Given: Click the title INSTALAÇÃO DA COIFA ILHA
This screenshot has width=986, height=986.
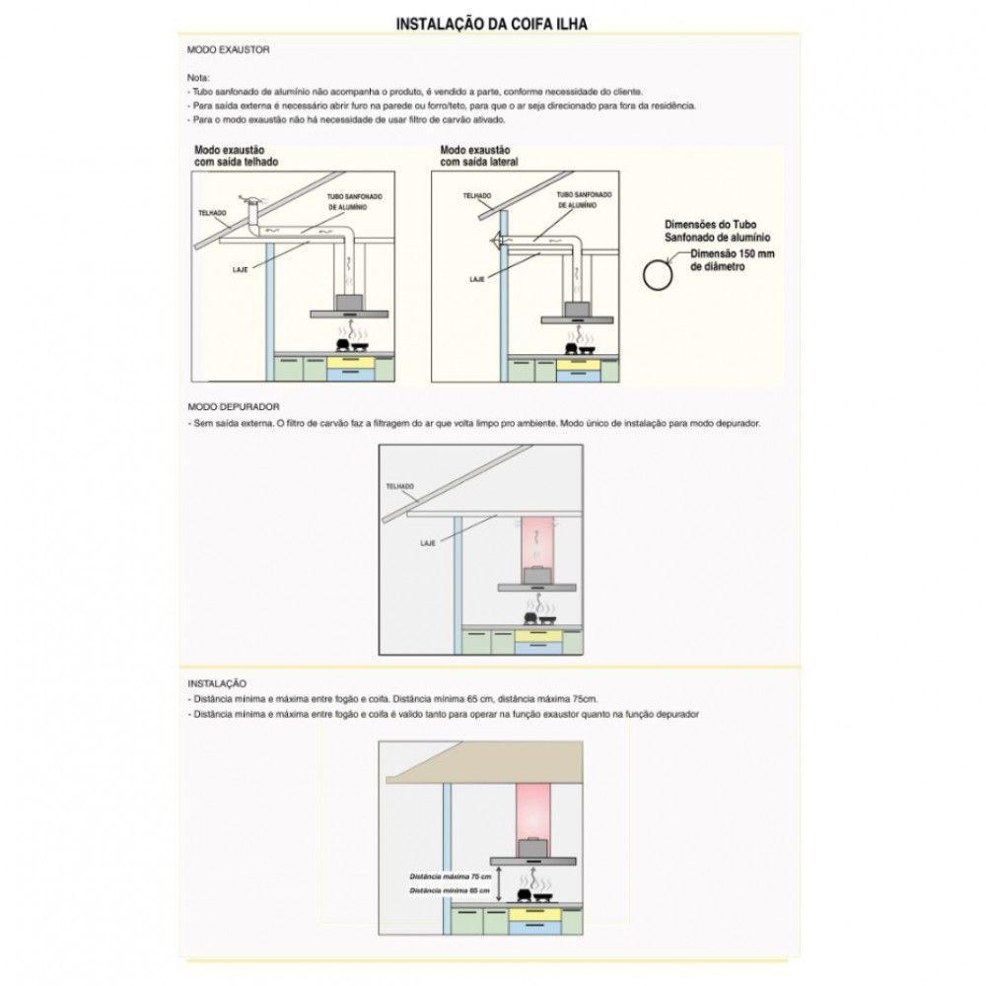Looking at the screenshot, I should point(492,23).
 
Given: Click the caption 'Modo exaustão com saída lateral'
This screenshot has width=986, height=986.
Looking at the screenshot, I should point(479,155).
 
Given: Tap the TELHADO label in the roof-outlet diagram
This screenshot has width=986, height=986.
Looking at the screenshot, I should point(212,213).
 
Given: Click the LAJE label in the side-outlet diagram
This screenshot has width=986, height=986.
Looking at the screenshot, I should point(477,280).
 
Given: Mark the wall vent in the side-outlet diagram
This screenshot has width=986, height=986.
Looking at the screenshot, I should point(497,243).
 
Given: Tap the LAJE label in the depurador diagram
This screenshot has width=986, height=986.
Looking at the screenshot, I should point(428,543).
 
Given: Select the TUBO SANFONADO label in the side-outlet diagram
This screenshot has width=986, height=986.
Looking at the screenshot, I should point(575,201).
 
